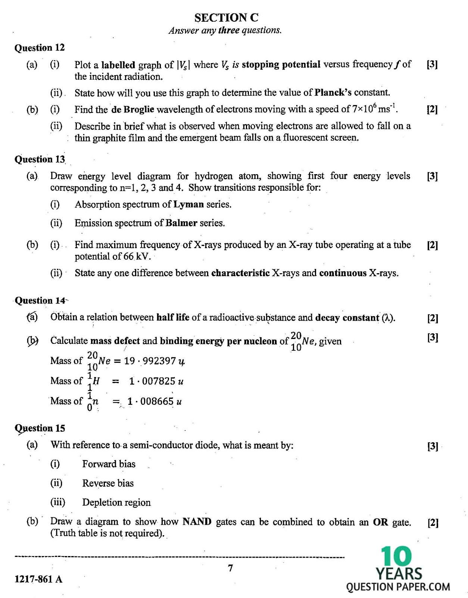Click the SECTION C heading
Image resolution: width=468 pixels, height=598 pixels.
tap(226, 18)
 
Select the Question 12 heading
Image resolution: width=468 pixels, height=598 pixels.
tap(39, 48)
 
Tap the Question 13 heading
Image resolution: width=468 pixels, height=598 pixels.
tap(40, 159)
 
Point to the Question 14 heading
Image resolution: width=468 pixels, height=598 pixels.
tap(40, 300)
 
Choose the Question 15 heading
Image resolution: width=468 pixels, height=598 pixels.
tap(40, 428)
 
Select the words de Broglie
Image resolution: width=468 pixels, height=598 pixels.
tap(132, 110)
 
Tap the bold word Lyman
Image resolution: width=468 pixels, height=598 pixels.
tap(188, 204)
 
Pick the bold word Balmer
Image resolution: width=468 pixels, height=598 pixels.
tap(181, 223)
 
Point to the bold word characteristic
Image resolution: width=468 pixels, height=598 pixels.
tap(240, 273)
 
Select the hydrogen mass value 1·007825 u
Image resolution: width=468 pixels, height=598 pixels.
tap(156, 381)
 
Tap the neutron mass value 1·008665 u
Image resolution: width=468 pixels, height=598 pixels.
tap(155, 401)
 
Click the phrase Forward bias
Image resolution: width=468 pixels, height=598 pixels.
tap(109, 464)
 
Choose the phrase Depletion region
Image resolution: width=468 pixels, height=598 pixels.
tap(116, 502)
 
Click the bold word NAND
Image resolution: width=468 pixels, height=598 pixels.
tap(197, 521)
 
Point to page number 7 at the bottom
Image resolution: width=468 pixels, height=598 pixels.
tap(230, 568)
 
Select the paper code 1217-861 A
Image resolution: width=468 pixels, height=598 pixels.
tap(38, 579)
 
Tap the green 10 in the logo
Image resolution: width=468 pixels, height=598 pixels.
tap(396, 557)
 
